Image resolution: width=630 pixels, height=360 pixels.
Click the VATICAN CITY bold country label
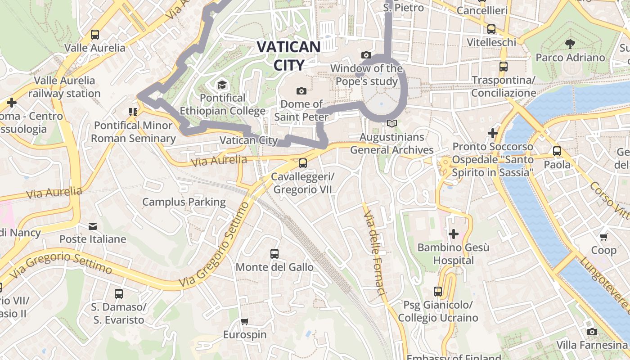(288, 56)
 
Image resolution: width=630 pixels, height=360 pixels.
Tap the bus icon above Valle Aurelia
(95, 35)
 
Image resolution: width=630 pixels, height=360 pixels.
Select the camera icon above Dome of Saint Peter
(301, 91)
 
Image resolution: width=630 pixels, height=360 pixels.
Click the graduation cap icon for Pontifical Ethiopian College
(222, 85)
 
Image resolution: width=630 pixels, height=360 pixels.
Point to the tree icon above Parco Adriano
(570, 44)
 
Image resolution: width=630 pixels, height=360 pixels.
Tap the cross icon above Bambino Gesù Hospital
(454, 234)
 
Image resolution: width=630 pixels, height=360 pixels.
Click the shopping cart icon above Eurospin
(245, 321)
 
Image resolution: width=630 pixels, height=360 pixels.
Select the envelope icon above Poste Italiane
(93, 226)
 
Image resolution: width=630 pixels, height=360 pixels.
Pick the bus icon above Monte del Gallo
(274, 254)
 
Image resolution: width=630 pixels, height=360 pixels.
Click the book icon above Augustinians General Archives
(392, 123)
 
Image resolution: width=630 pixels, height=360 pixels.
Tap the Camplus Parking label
(184, 202)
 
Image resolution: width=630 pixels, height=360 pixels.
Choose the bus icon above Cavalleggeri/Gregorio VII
(303, 163)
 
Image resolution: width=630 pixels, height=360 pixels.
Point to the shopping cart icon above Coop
(604, 237)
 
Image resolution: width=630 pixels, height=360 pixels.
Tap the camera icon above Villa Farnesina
(592, 332)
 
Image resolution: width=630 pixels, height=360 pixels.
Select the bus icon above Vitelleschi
(491, 29)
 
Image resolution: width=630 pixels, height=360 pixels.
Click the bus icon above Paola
(557, 151)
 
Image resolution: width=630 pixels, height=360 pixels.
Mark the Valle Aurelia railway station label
(64, 87)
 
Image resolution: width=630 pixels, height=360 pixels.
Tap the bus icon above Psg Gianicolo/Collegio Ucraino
(438, 292)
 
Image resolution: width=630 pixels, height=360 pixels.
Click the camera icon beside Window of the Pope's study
(366, 55)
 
